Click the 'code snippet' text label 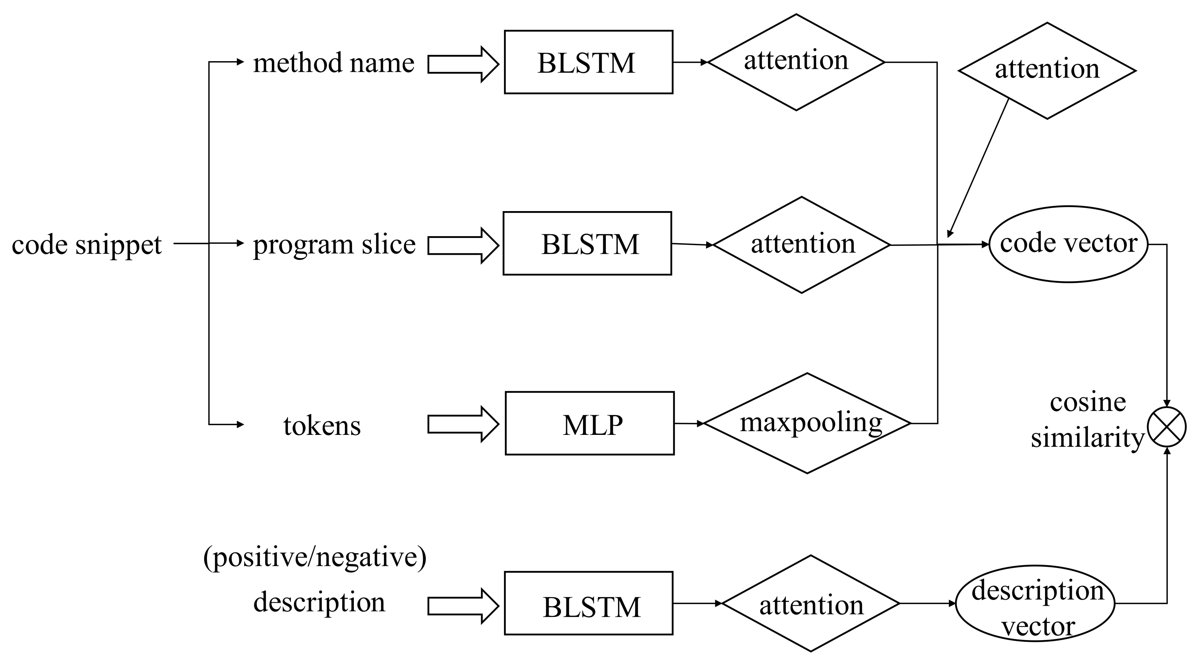point(86,245)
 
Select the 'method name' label point(333,63)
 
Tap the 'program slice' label point(334,244)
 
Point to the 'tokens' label point(322,426)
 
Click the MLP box point(589,423)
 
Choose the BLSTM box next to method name point(588,62)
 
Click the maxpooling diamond point(807,423)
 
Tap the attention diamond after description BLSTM point(811,604)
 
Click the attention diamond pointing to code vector point(1047,71)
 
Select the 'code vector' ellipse point(1068,244)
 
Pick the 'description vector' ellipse point(1035,604)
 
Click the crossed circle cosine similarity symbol point(1167,427)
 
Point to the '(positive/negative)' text point(315,557)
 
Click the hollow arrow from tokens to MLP point(463,424)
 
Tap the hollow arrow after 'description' point(463,606)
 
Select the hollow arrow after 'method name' point(463,64)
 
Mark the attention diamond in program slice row point(802,245)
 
